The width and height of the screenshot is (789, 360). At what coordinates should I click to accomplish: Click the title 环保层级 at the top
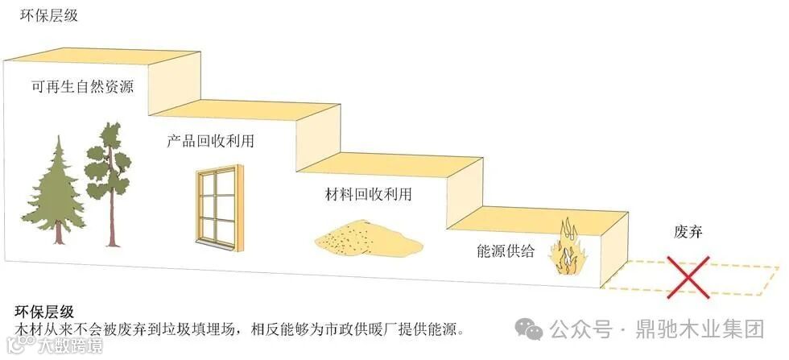[49, 15]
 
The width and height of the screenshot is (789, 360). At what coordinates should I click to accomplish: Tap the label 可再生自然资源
[82, 88]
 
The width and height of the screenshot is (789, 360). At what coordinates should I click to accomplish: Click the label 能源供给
[506, 250]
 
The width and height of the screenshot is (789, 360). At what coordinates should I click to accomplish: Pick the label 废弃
[688, 234]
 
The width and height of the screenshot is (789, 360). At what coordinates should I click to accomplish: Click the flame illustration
[568, 250]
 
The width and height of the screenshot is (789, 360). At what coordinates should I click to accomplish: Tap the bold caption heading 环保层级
[46, 312]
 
